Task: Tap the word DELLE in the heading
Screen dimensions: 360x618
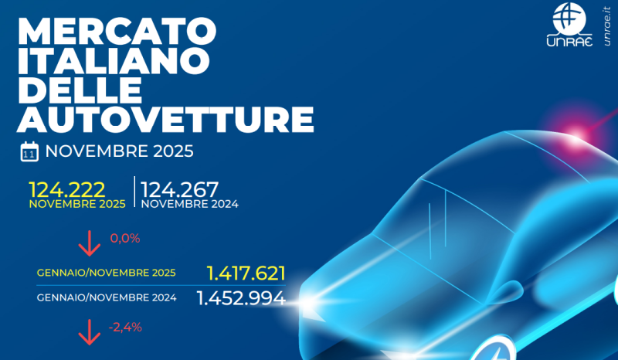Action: pos(80,91)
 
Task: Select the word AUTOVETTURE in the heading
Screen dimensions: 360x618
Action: pos(165,120)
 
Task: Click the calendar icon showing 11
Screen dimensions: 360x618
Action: pos(29,151)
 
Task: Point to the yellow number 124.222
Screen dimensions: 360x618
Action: pos(66,189)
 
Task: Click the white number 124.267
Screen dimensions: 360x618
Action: pos(180,189)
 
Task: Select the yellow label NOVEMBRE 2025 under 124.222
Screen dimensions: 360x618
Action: pos(77,205)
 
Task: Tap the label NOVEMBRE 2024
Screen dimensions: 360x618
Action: pos(189,205)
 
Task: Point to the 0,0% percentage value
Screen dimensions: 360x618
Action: pos(125,239)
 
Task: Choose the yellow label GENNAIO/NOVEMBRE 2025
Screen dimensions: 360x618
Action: pos(107,273)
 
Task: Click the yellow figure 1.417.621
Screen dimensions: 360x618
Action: pos(246,273)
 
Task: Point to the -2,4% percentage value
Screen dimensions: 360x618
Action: pos(125,328)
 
